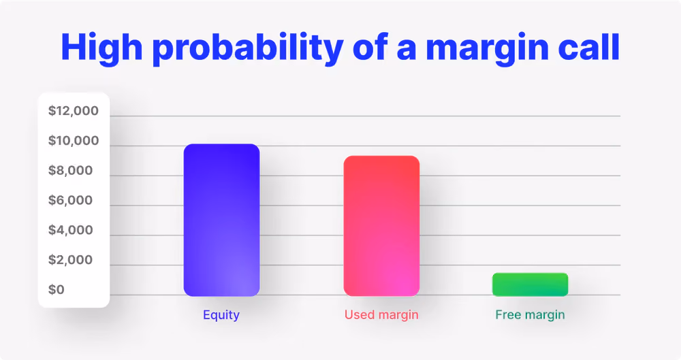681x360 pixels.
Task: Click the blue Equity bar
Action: [221, 220]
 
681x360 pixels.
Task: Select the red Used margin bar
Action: [381, 226]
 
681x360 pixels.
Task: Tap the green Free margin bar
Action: [530, 284]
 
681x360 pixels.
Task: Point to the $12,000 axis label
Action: [74, 111]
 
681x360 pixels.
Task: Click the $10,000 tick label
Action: [74, 141]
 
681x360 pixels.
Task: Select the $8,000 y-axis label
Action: [70, 170]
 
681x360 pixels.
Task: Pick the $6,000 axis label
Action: [70, 200]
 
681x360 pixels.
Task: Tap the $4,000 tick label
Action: [70, 230]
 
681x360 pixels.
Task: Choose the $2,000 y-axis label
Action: [70, 260]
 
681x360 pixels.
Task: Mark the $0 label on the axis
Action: [57, 290]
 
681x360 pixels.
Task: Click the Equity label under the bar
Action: [221, 315]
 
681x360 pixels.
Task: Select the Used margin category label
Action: [381, 315]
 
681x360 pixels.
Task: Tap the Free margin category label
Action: [530, 315]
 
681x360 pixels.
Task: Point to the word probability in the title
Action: [248, 48]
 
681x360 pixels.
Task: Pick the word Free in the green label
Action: [508, 314]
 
